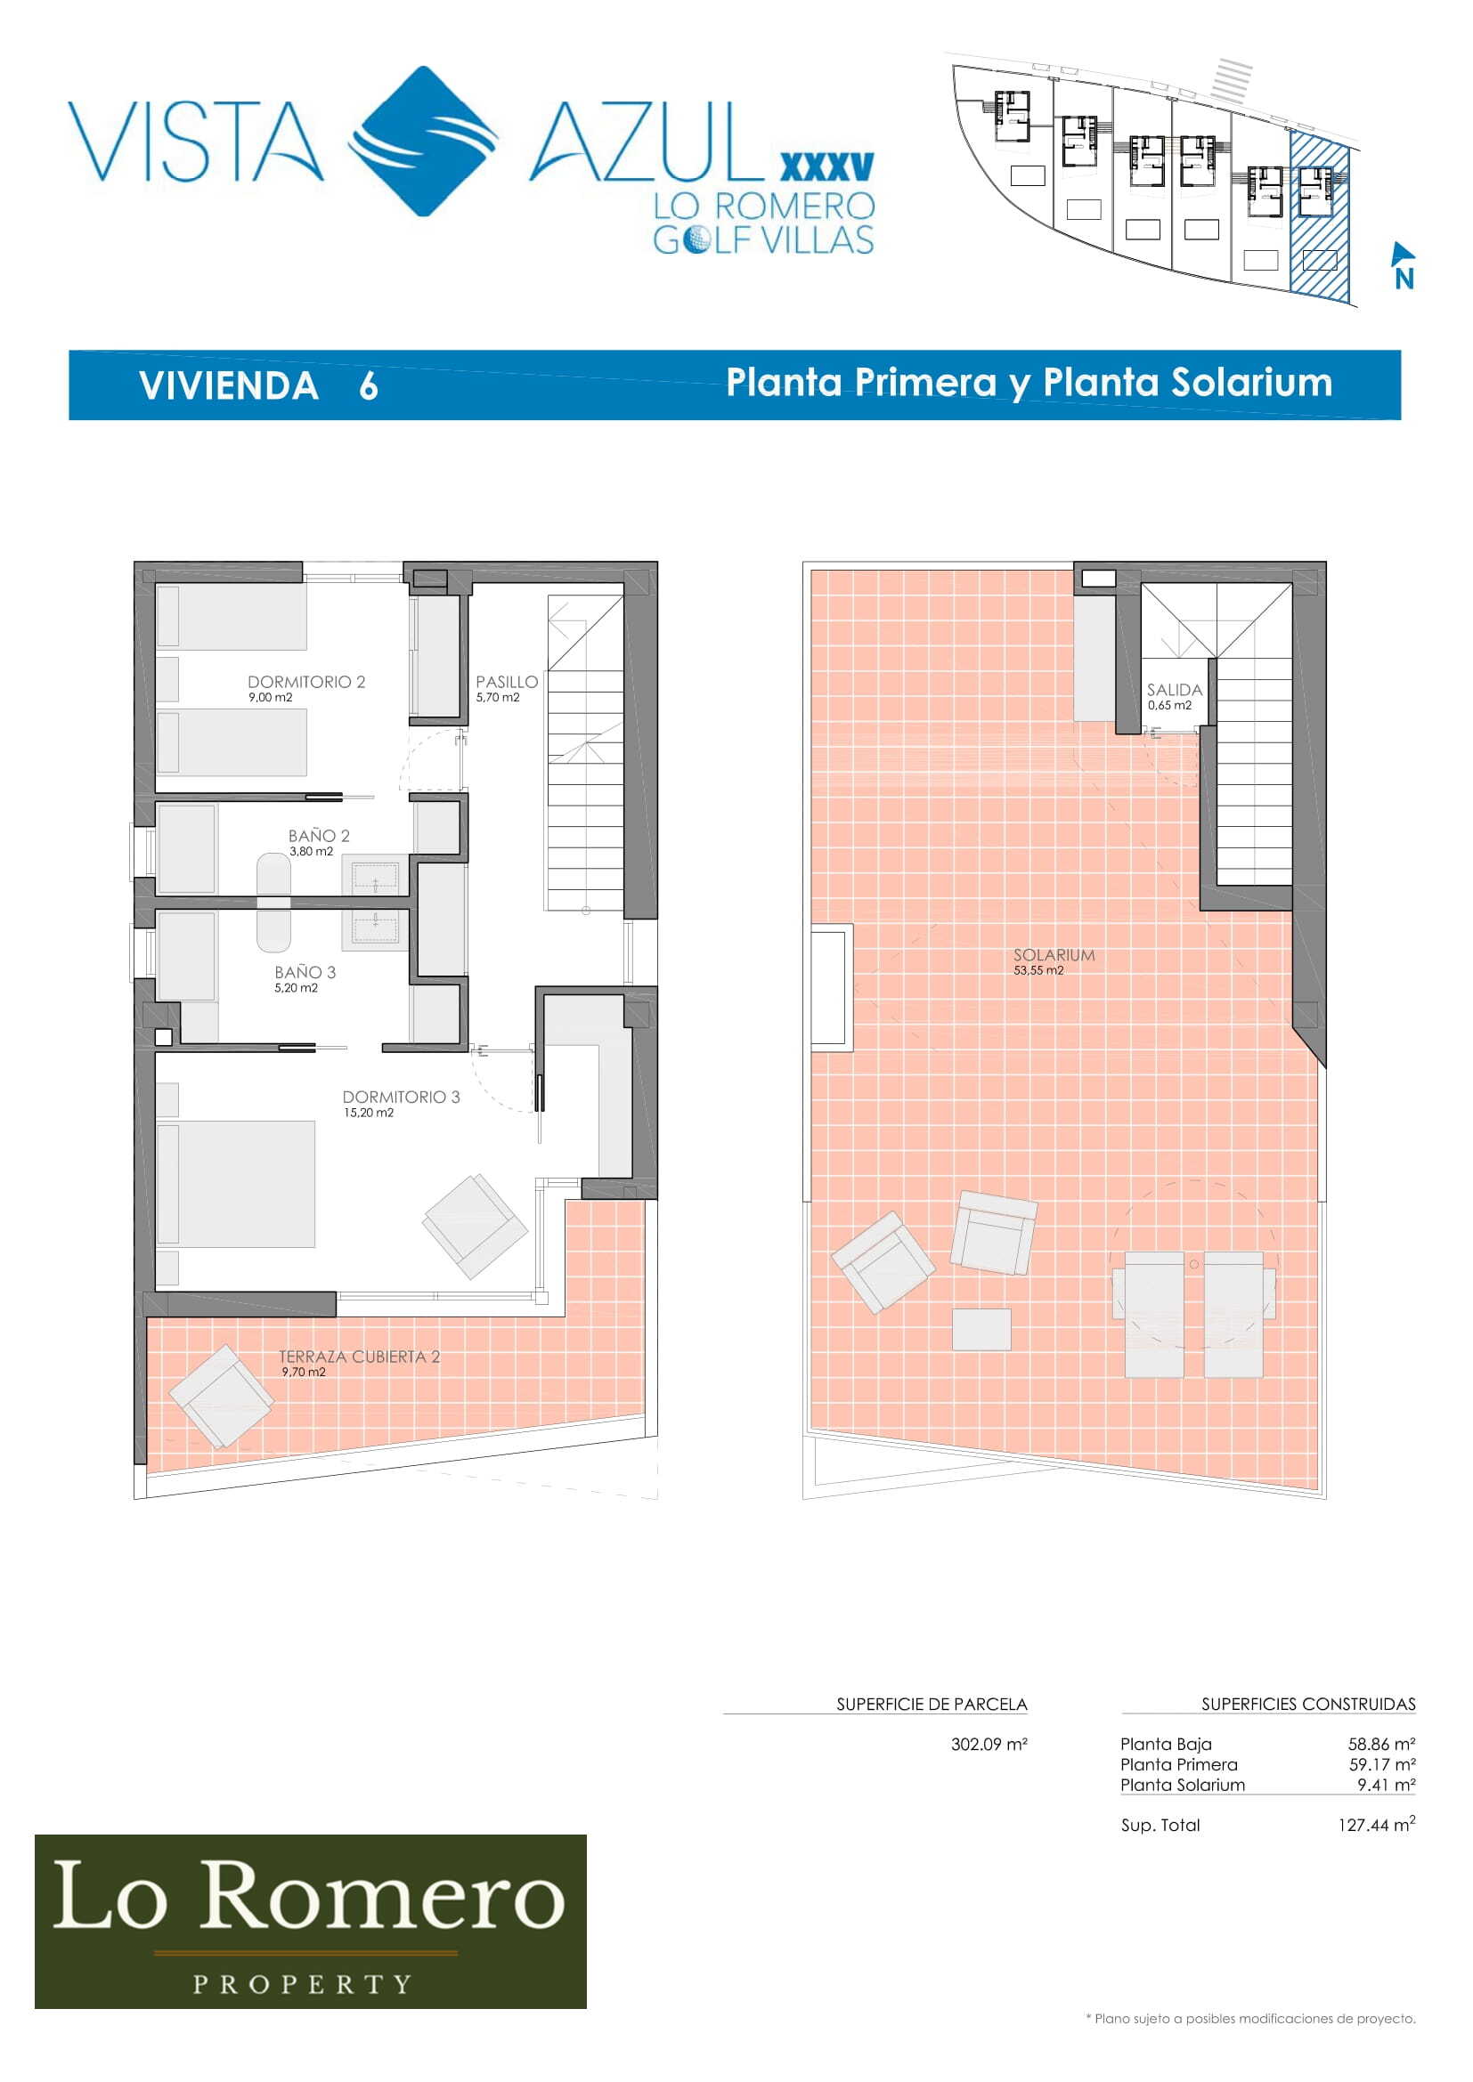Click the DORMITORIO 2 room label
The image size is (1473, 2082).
[305, 682]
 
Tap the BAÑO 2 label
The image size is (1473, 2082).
[318, 835]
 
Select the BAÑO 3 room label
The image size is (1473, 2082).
[305, 972]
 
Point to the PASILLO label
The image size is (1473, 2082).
[506, 682]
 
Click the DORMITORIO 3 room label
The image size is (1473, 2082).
[401, 1098]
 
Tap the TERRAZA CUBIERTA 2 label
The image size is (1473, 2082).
[359, 1357]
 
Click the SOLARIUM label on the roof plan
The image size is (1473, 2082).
[1054, 955]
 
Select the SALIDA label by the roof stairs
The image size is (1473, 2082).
[1175, 690]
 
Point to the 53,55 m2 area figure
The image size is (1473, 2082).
[1038, 970]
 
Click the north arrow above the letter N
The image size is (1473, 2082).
[1403, 253]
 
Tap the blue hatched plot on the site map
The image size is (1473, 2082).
[1320, 217]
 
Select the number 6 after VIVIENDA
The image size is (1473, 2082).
[369, 386]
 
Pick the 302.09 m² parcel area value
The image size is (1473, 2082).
[989, 1744]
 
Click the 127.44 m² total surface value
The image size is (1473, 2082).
[1377, 1825]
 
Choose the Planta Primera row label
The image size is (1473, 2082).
[1178, 1764]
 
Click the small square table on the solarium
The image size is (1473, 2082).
[981, 1329]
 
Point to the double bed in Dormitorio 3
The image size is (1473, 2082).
[236, 1183]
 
